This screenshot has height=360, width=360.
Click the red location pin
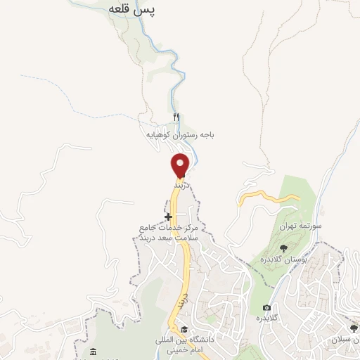point(181,164)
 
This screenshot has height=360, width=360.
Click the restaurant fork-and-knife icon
point(176,117)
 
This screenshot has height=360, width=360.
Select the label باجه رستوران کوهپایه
point(180,133)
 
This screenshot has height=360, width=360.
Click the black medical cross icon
point(167,216)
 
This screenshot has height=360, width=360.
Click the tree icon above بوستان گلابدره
point(283,247)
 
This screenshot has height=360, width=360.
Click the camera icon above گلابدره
point(267,307)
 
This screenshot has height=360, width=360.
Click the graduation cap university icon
point(184,329)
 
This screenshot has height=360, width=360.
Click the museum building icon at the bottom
point(93,352)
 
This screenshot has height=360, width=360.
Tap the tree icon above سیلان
point(353,329)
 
